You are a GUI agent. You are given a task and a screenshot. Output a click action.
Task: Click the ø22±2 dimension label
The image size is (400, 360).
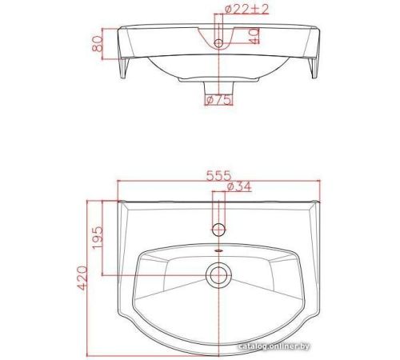[246, 10]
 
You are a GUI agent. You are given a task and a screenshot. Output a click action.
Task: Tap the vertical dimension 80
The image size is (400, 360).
[97, 44]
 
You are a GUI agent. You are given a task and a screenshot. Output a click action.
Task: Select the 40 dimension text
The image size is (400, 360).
[254, 36]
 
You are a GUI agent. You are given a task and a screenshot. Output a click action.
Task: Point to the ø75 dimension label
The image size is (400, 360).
[218, 100]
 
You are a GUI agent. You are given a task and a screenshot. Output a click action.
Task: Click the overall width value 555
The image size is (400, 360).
[218, 176]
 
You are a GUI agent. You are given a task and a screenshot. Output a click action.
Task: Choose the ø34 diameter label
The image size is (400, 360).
[239, 186]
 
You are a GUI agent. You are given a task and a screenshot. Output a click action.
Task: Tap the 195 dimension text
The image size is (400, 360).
[97, 238]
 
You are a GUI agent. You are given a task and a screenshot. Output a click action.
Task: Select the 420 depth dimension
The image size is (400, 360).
[82, 278]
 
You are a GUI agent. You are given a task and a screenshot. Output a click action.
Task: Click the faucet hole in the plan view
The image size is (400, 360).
[218, 230]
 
